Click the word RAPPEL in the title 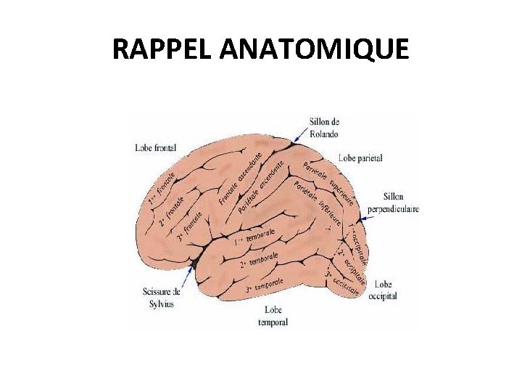pos(162,49)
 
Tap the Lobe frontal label pos(155,147)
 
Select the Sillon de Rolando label pos(324,127)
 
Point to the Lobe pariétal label pos(360,158)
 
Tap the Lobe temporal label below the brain pos(273,317)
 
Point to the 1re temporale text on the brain pos(254,236)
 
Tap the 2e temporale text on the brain pos(260,260)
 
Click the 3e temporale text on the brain pos(264,284)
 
